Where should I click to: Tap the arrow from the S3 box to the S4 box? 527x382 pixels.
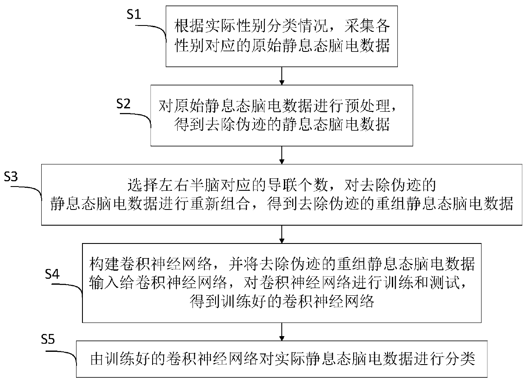click(282, 234)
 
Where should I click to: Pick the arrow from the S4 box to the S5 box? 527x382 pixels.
click(282, 331)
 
